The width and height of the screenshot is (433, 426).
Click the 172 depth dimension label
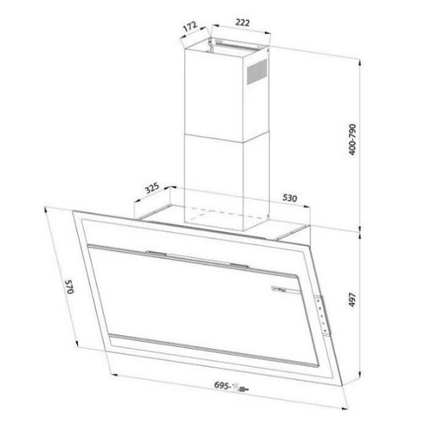pyautogui.click(x=190, y=27)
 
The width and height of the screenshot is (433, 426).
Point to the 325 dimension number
pyautogui.click(x=152, y=190)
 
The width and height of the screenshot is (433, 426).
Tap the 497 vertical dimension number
pyautogui.click(x=372, y=301)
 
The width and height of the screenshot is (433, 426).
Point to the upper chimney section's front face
pyautogui.click(x=214, y=94)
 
